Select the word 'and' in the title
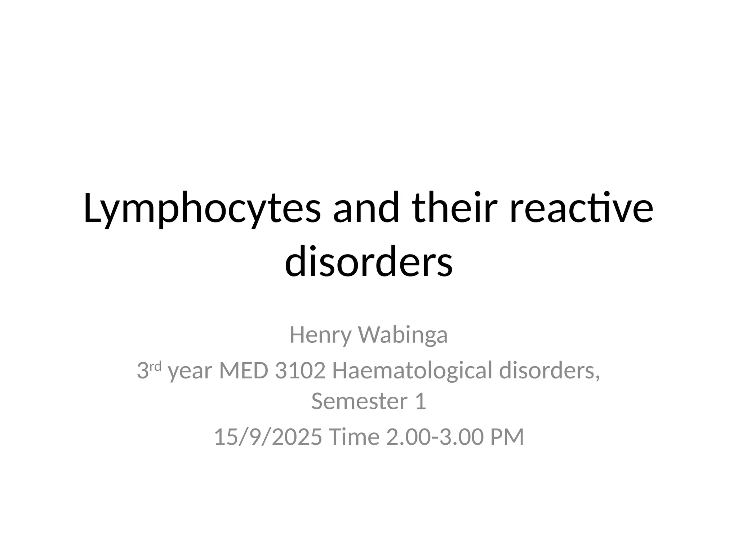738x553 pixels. (366, 208)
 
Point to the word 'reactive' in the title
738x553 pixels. (581, 208)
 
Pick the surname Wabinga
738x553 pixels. (403, 335)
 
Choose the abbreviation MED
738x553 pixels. (244, 371)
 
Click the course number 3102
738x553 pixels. (300, 371)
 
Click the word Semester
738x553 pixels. (359, 401)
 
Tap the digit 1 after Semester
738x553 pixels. (421, 401)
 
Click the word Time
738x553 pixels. (354, 437)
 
